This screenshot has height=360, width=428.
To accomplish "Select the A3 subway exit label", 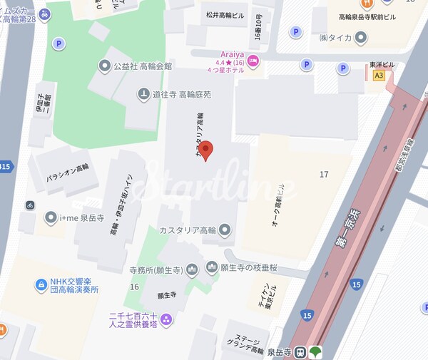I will pyautogui.click(x=378, y=75).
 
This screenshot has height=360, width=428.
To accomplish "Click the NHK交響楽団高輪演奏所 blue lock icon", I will pyautogui.click(x=40, y=285).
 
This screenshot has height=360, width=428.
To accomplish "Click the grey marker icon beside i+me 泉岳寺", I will pyautogui.click(x=51, y=217).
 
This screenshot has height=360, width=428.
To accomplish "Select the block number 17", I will pyautogui.click(x=324, y=174).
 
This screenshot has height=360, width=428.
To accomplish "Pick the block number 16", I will pyautogui.click(x=133, y=286).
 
